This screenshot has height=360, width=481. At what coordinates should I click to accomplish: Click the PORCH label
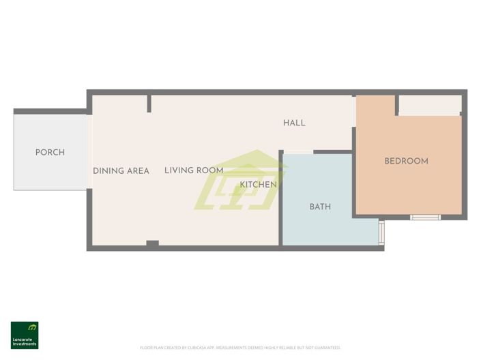[x=50, y=153]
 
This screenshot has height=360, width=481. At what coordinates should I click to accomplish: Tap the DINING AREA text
[x=121, y=171]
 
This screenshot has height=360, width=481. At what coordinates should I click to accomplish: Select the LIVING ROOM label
[x=194, y=170]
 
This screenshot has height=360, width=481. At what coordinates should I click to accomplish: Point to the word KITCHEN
[x=259, y=185]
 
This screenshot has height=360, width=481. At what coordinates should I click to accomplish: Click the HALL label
[x=294, y=123]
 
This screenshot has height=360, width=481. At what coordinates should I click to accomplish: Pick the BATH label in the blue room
[x=320, y=207]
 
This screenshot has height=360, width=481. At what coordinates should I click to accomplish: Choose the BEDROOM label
[x=406, y=162]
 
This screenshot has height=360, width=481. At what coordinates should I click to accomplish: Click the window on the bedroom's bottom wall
[x=425, y=217]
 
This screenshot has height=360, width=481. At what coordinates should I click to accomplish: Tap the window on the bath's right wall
[x=381, y=231]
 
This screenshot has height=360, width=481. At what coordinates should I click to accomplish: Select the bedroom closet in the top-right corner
[x=429, y=105]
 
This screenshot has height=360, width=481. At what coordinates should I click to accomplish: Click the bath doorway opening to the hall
[x=297, y=152]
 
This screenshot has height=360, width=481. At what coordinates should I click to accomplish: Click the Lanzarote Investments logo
[x=25, y=335]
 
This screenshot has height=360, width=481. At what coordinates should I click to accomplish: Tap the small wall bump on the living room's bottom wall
[x=152, y=243]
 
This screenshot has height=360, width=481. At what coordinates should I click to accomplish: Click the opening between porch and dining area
[x=89, y=151]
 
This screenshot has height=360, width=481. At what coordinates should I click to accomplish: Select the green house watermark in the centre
[x=240, y=181]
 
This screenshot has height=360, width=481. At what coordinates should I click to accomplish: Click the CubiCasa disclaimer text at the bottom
[x=240, y=348]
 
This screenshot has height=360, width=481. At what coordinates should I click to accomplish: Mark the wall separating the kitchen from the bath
[x=280, y=198]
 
